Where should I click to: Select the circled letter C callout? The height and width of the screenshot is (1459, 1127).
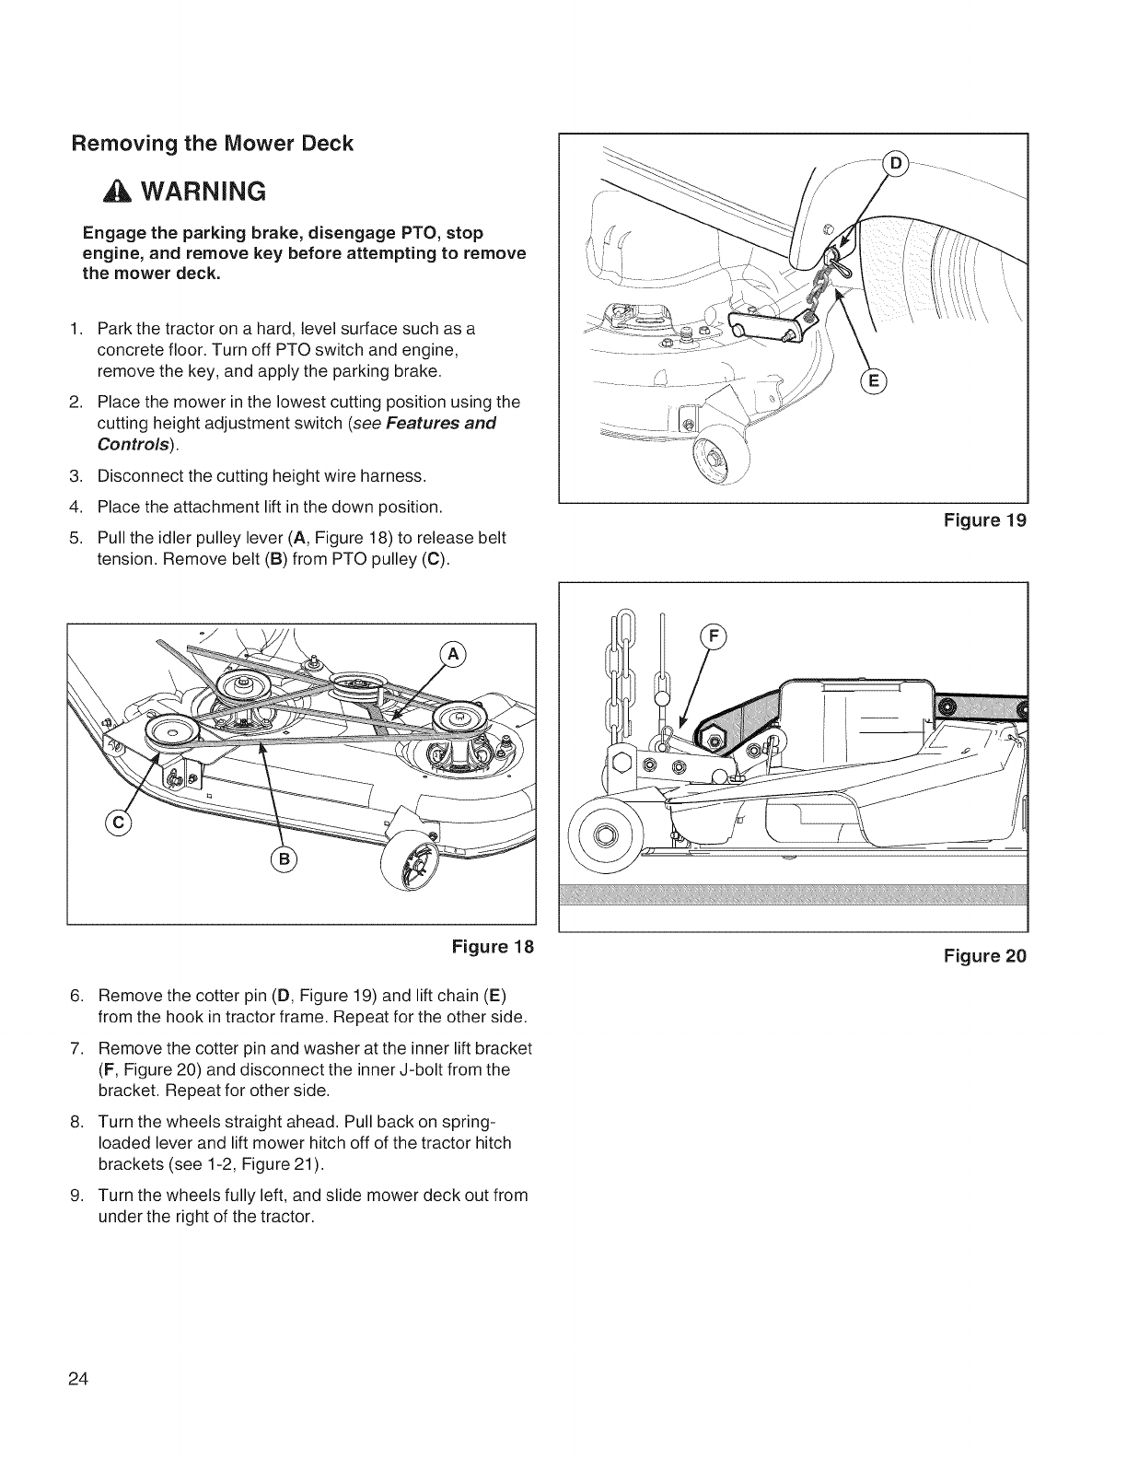119,821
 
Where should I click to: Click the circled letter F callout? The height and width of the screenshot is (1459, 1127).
715,636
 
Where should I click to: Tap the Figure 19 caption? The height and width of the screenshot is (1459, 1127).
984,520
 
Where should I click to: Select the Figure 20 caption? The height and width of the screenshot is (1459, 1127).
984,955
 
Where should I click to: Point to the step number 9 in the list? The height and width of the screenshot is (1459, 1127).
76,1196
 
